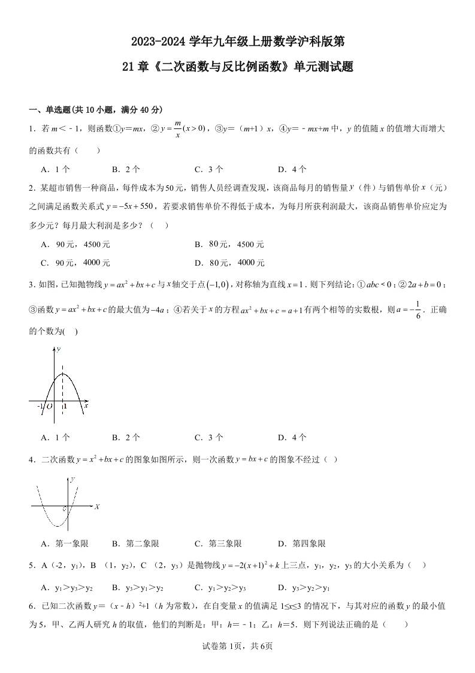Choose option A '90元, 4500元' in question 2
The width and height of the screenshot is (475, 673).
[x=75, y=245]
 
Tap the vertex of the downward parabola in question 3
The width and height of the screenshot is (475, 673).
[x=63, y=374]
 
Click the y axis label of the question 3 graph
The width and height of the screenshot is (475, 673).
[x=58, y=349]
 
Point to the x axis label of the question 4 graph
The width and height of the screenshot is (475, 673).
[x=96, y=507]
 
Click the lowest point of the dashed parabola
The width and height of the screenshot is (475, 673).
[x=58, y=526]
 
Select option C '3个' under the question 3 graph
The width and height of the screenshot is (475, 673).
[x=209, y=438]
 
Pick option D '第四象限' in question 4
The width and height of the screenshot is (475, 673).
[x=302, y=544]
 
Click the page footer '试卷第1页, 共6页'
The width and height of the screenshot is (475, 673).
[x=238, y=646]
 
